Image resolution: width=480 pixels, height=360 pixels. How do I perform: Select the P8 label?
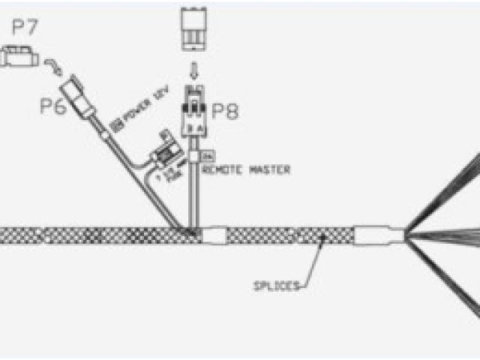click(x=224, y=112)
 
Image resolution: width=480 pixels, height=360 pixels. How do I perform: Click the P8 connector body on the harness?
click(x=194, y=112)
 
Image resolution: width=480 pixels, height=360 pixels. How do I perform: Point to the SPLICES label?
click(x=277, y=285)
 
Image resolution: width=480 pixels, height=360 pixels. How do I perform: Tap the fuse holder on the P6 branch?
click(x=166, y=154)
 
